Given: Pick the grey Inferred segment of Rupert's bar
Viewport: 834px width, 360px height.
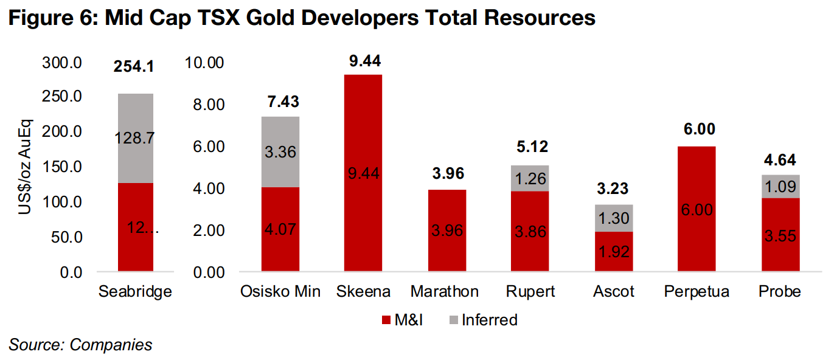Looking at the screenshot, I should click(530, 178).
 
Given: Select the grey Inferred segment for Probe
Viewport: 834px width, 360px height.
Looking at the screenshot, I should click(780, 186).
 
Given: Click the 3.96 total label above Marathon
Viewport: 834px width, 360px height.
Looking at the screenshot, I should click(447, 174).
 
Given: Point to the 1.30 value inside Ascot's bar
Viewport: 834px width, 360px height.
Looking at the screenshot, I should click(613, 218).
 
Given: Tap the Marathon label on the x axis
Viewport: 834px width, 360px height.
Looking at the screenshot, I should click(445, 292).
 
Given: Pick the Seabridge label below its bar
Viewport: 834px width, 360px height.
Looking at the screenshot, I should click(135, 292).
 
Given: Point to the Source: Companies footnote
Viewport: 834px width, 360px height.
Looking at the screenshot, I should click(80, 345).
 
